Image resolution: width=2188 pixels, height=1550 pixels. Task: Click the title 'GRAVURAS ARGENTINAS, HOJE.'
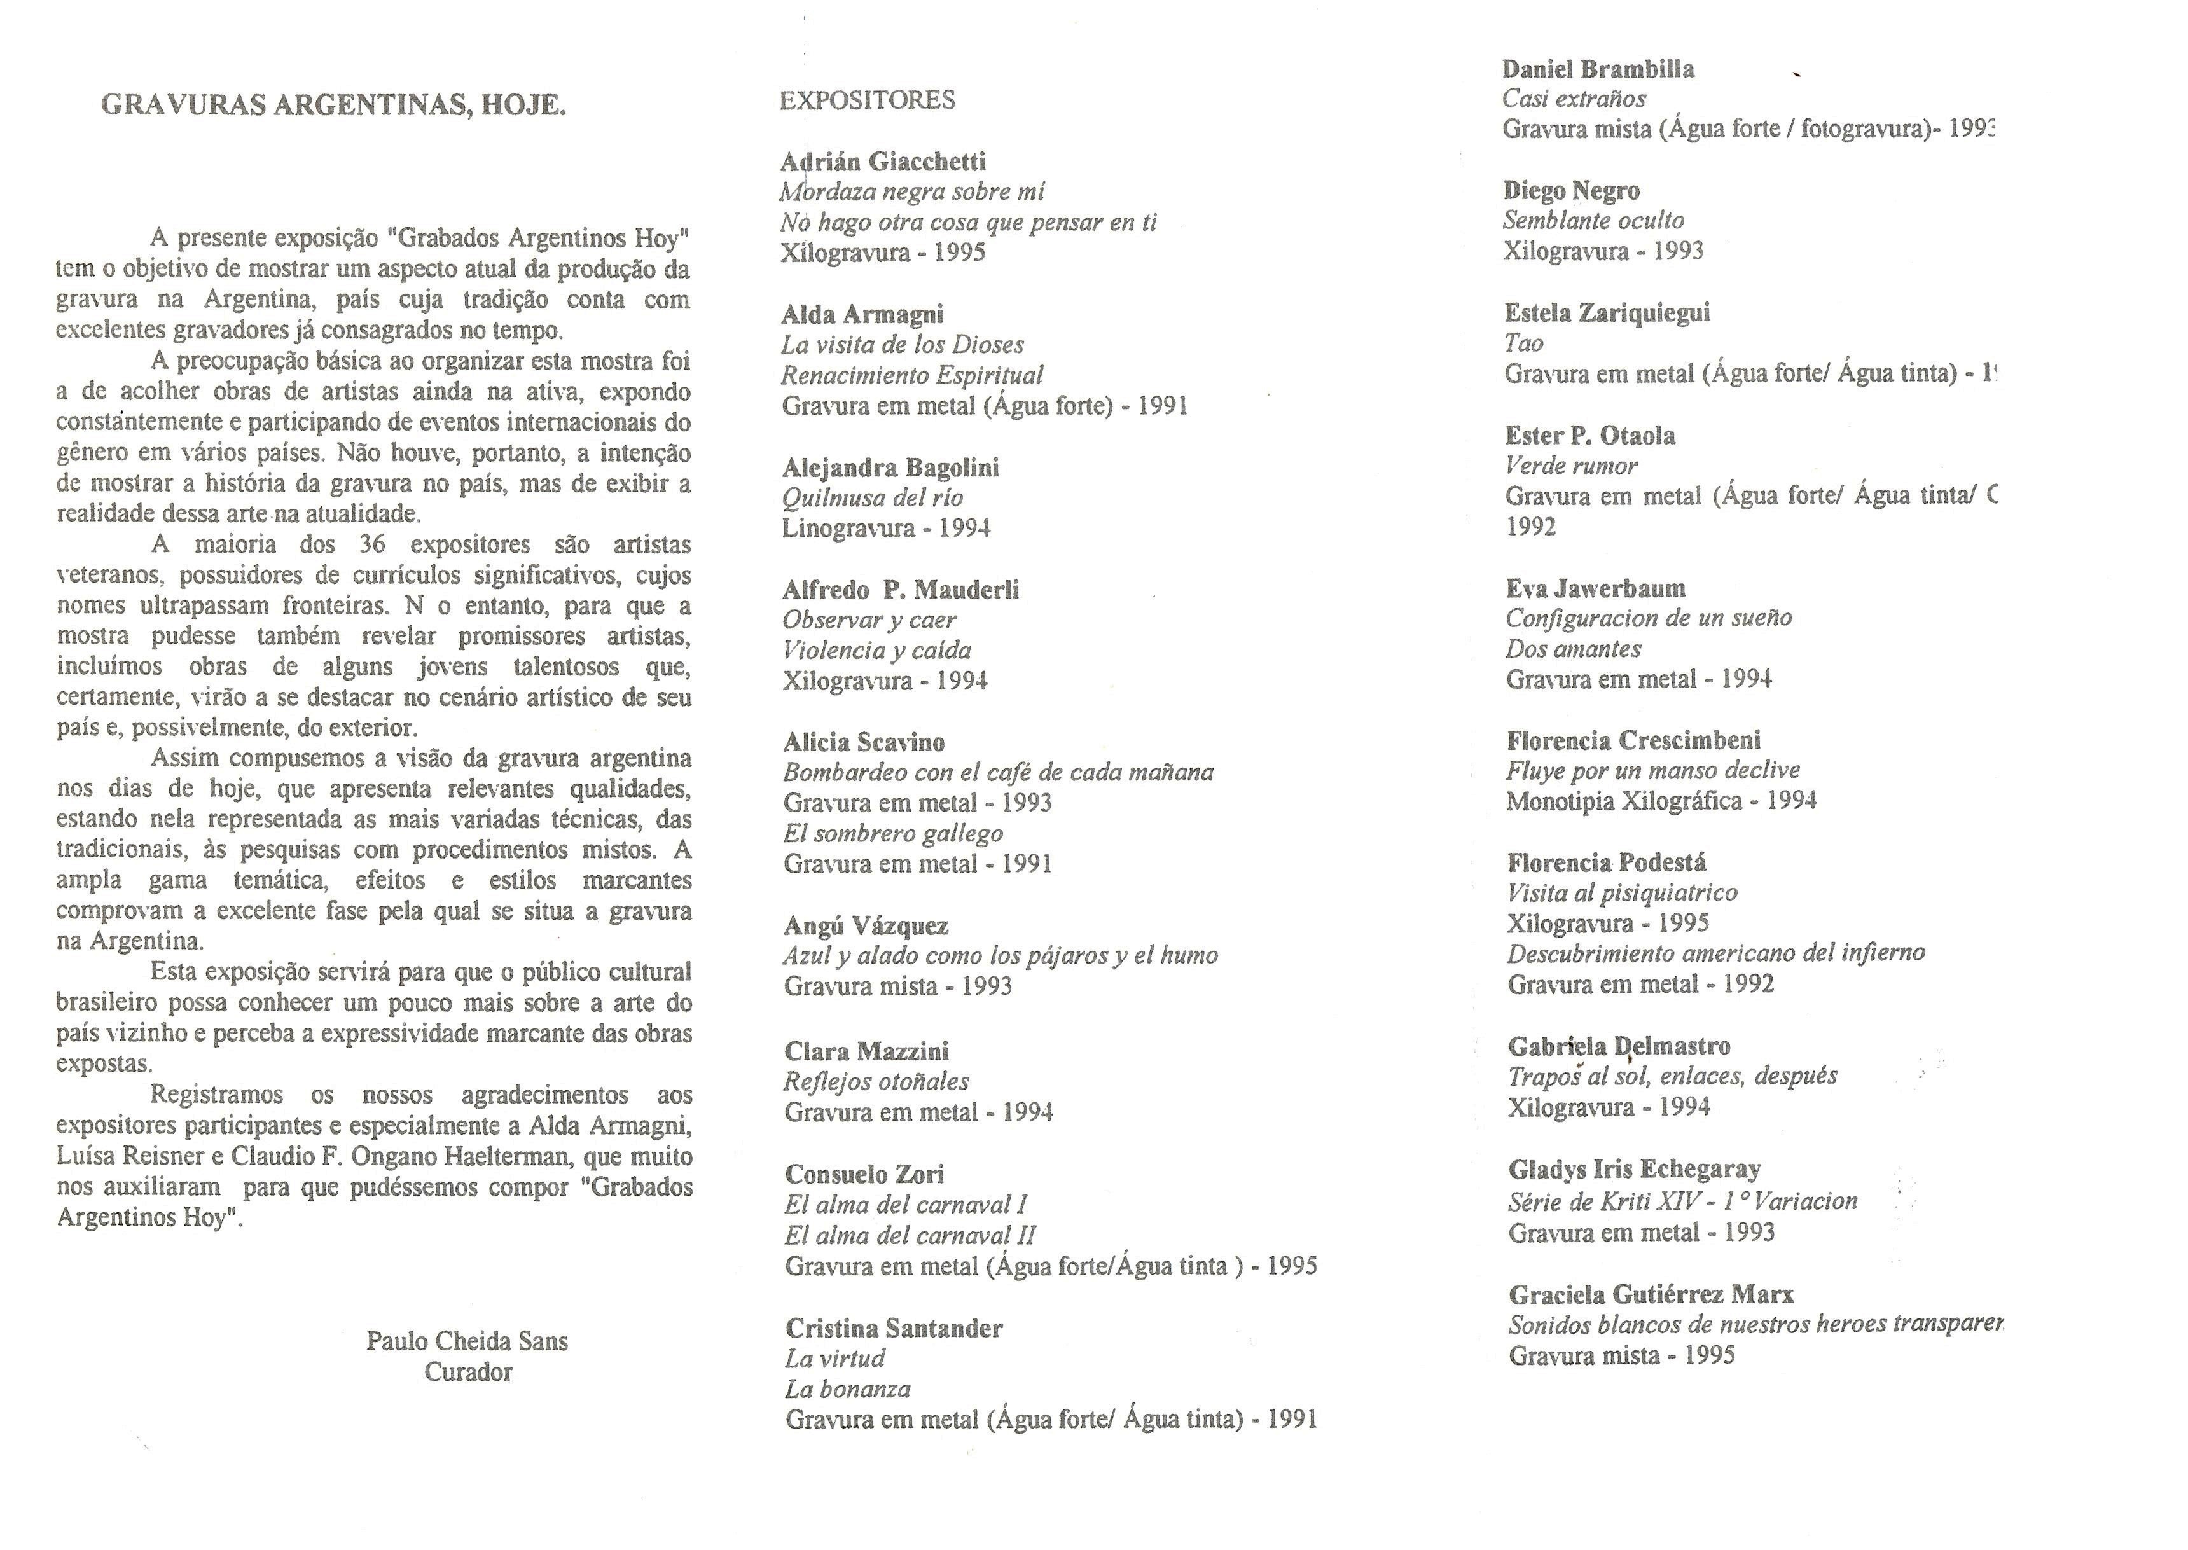point(333,104)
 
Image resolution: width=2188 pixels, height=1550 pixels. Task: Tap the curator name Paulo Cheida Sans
point(467,1341)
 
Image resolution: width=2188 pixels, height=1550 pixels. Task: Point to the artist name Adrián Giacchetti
point(883,162)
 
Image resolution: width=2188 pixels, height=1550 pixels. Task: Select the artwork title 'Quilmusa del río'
point(872,497)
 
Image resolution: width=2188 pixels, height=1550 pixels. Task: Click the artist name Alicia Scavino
point(864,742)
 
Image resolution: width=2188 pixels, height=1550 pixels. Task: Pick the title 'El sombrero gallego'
point(892,833)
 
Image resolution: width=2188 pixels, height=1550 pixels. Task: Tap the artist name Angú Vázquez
point(866,925)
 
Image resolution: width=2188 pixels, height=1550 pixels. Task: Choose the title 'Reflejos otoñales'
point(876,1081)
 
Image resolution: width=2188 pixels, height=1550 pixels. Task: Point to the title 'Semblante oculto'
point(1593,221)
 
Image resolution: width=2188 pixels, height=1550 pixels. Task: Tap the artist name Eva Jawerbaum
point(1595,588)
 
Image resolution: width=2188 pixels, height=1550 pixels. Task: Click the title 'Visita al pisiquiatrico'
point(1621,892)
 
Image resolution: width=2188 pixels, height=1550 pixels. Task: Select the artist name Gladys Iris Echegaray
point(1633,1169)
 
